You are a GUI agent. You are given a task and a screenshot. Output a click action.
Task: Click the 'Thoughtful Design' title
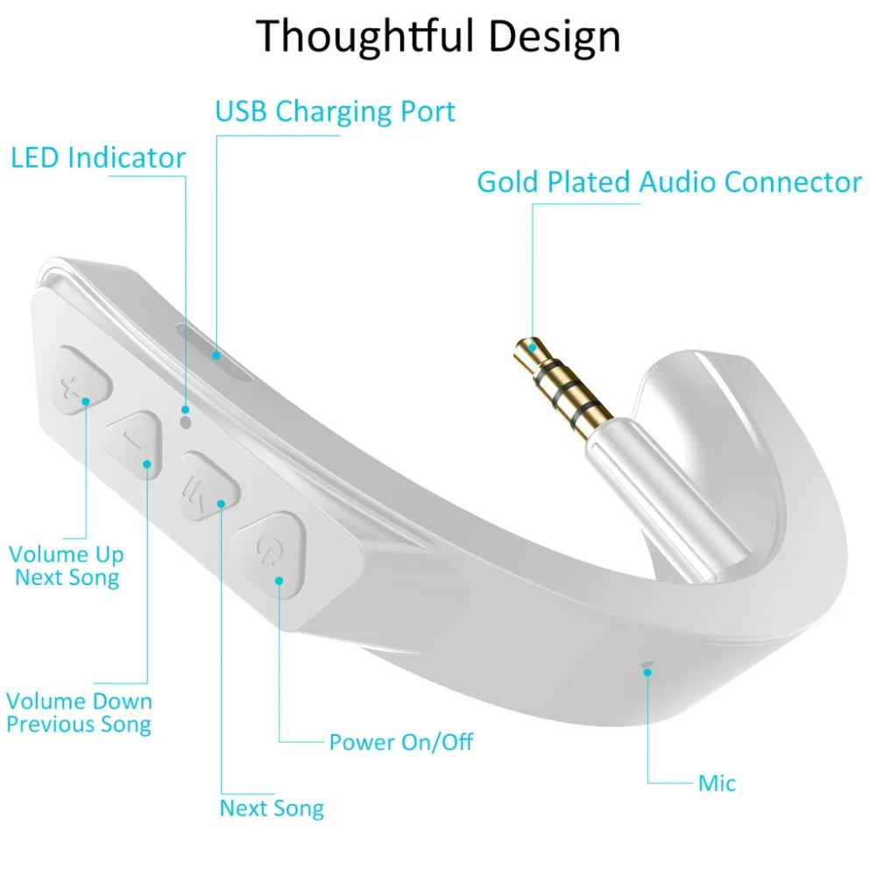click(438, 37)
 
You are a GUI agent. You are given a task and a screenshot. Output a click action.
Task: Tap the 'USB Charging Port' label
click(336, 112)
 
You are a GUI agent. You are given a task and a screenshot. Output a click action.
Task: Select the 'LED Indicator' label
click(98, 159)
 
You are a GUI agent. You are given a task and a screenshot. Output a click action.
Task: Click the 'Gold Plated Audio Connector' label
click(669, 182)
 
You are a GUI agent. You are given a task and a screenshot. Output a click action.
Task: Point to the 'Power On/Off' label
click(400, 743)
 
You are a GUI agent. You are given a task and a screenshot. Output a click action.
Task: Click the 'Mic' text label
click(717, 783)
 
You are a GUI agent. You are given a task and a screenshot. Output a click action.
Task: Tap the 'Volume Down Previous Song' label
click(79, 713)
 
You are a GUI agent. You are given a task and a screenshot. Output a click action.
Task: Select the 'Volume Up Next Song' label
click(67, 566)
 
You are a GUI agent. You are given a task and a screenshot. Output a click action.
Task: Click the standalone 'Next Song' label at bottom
click(272, 808)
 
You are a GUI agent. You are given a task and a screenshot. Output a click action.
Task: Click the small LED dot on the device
click(185, 421)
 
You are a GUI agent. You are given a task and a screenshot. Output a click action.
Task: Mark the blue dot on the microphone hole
click(647, 672)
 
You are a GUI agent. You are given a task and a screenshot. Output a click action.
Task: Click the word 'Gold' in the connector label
click(508, 182)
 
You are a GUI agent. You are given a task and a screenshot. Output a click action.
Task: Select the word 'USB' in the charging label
click(241, 112)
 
